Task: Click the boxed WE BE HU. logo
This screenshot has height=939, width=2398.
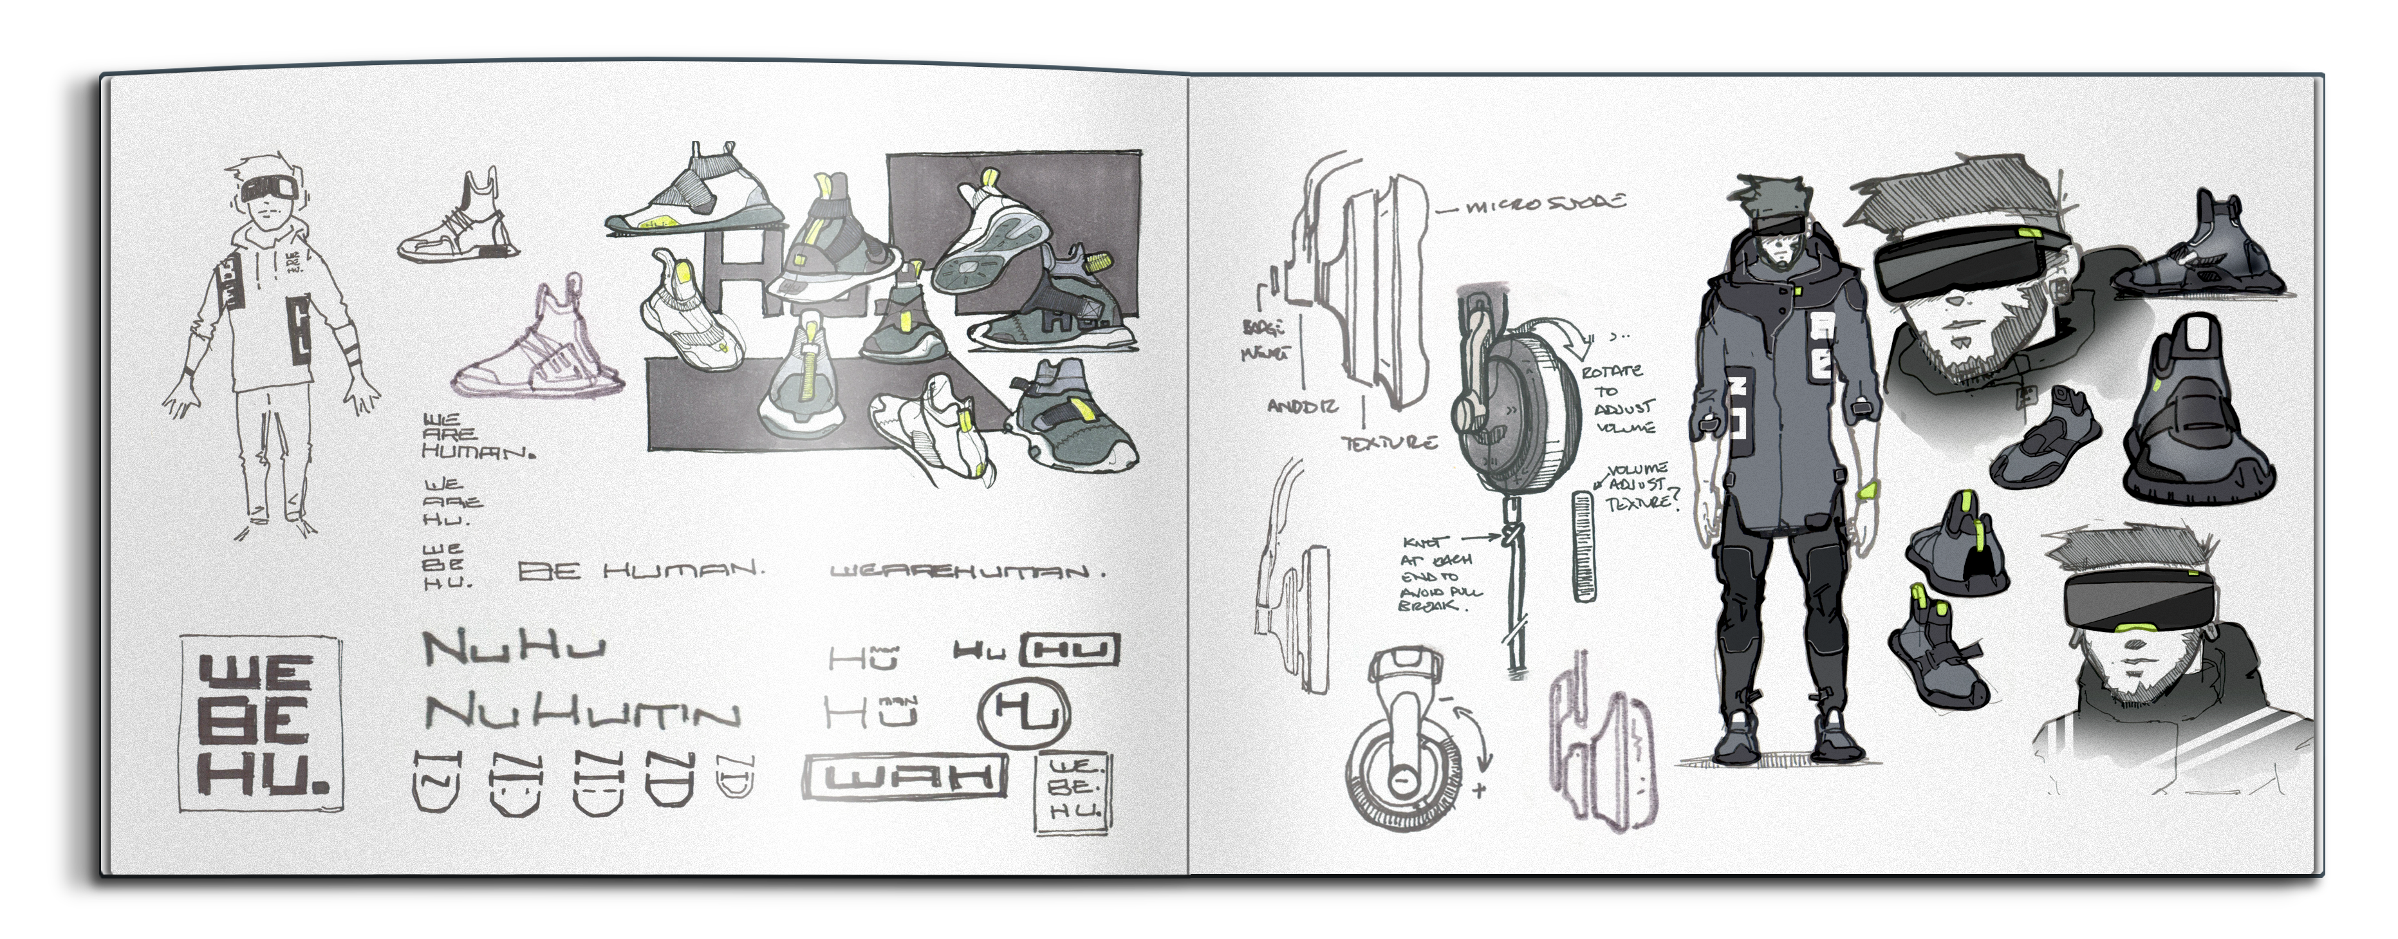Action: click(x=261, y=724)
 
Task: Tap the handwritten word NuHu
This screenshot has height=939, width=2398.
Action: click(x=514, y=647)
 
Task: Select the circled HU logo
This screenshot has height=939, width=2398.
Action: click(x=1024, y=714)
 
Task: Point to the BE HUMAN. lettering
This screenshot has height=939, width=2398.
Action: click(x=640, y=570)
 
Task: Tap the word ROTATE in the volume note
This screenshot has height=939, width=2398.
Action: click(x=1612, y=371)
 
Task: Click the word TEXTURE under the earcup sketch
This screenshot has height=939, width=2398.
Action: click(x=1389, y=443)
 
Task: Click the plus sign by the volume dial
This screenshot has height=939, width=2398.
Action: click(x=1479, y=790)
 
